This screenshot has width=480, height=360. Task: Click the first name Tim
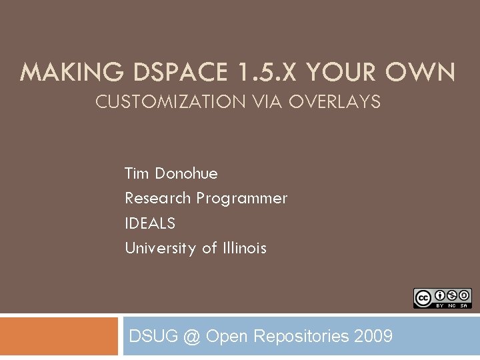[x=137, y=174]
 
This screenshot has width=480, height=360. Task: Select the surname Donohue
[x=186, y=174]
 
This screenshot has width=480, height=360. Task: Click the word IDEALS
[x=150, y=223]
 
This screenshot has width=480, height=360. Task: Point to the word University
[x=161, y=248]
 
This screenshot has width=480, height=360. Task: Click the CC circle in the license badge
[x=423, y=298]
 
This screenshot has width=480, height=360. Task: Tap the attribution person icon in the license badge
[x=440, y=295]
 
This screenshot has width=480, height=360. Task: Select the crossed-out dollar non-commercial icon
[x=452, y=295]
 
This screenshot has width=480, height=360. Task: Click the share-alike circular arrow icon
[x=465, y=295]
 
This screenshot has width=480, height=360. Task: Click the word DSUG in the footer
[x=153, y=336]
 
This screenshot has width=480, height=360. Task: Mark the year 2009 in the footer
[x=373, y=336]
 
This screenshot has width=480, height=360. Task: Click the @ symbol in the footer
[x=192, y=336]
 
